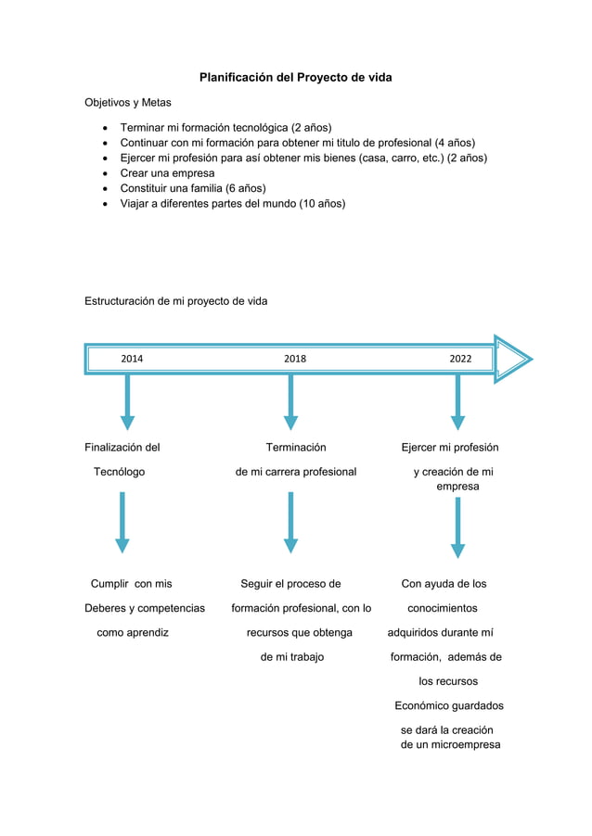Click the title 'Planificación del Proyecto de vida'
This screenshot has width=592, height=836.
pyautogui.click(x=295, y=77)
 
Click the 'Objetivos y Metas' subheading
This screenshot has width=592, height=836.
pyautogui.click(x=128, y=102)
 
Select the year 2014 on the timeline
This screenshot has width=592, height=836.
pyautogui.click(x=132, y=359)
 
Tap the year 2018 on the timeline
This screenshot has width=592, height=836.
pyautogui.click(x=294, y=359)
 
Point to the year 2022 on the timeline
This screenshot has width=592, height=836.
pyautogui.click(x=460, y=359)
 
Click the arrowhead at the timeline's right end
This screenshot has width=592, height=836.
pyautogui.click(x=512, y=359)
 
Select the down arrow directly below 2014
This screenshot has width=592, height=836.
pyautogui.click(x=127, y=403)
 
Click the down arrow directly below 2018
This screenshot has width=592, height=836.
pyautogui.click(x=290, y=403)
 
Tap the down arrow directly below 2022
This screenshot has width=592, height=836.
pyautogui.click(x=457, y=403)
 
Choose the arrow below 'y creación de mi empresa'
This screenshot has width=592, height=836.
pyautogui.click(x=457, y=528)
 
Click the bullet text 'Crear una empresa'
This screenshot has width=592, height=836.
pyautogui.click(x=167, y=173)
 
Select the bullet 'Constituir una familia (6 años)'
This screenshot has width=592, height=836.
pyautogui.click(x=193, y=188)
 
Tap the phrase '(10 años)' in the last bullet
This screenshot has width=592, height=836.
pyautogui.click(x=322, y=203)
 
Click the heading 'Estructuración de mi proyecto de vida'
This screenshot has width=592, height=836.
pyautogui.click(x=176, y=301)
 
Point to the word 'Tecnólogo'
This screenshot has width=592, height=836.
pyautogui.click(x=119, y=472)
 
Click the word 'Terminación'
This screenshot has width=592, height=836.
pyautogui.click(x=296, y=448)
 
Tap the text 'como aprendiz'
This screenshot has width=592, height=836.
pyautogui.click(x=133, y=633)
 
